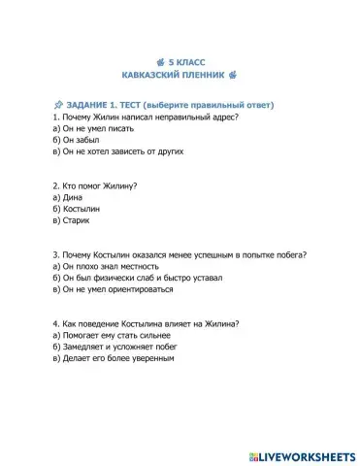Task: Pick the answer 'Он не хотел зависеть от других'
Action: [105, 151]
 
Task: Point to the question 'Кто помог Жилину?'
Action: [94, 185]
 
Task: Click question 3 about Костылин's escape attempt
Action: [180, 255]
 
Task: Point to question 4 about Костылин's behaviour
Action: [146, 324]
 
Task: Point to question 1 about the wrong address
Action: [146, 116]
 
